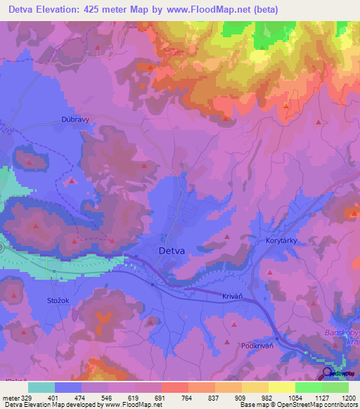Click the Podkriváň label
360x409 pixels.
click(257, 346)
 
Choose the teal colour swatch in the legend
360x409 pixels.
click(41, 387)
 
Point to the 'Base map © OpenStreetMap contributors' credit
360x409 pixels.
click(298, 405)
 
